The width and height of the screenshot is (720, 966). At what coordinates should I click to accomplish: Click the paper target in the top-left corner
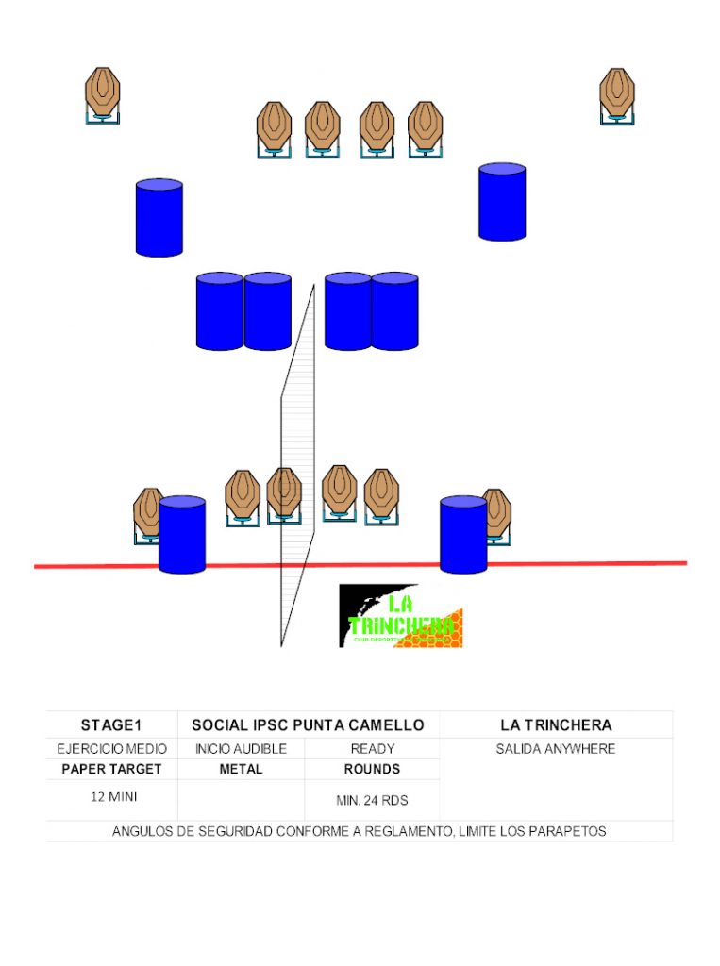[x=103, y=92]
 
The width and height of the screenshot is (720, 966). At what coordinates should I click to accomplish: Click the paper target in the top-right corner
[x=617, y=92]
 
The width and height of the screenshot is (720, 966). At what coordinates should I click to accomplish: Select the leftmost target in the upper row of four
[x=274, y=125]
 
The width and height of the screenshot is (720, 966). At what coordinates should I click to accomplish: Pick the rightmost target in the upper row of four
[x=425, y=125]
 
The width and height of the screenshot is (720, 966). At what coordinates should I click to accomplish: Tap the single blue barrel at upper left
[x=159, y=217]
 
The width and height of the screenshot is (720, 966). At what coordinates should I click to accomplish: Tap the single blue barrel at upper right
[x=502, y=201]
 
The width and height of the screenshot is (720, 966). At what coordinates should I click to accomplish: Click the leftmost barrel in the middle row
[x=220, y=310]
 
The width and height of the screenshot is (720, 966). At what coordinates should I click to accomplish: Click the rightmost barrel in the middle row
[x=394, y=310]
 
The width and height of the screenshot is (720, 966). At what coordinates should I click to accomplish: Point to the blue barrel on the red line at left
[x=182, y=534]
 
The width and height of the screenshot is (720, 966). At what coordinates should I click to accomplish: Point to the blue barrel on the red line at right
[x=463, y=534]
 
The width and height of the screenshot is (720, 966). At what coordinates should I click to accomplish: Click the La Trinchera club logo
[x=400, y=615]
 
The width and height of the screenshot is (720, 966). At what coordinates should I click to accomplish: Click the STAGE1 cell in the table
[x=111, y=725]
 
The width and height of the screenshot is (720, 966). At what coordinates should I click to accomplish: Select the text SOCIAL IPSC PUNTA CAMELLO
[x=308, y=725]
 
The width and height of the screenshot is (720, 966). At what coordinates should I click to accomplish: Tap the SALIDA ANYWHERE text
[x=556, y=749]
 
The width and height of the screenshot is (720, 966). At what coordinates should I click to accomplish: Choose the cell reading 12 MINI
[x=111, y=797]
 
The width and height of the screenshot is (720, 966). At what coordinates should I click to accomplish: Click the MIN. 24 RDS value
[x=372, y=801]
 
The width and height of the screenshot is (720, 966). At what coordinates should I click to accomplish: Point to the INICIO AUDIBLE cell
[x=241, y=749]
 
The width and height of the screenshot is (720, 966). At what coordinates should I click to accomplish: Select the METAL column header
[x=241, y=769]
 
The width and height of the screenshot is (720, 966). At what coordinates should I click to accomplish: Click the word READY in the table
[x=372, y=749]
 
